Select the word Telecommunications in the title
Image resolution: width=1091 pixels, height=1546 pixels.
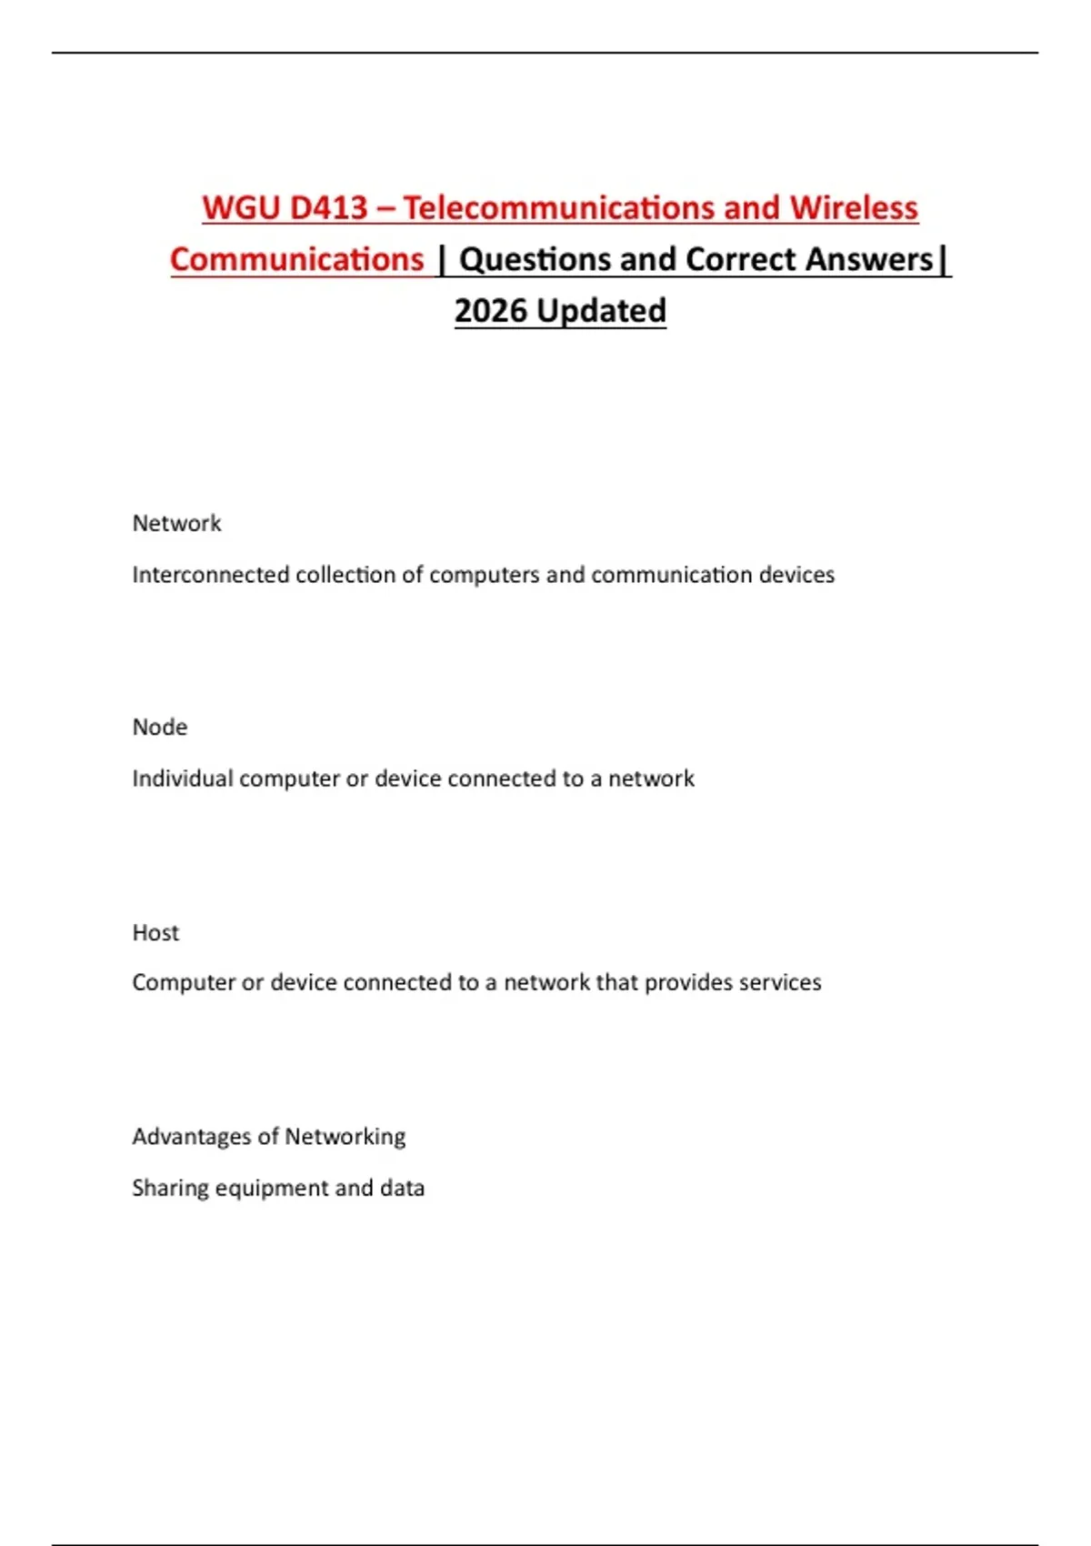558,208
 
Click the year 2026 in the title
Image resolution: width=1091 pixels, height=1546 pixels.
490,311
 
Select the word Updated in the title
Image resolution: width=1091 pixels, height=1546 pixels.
601,311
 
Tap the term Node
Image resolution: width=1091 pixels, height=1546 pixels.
160,728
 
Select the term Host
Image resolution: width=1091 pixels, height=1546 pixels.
155,933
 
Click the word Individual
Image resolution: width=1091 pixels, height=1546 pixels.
182,778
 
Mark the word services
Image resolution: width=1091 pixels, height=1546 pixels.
780,982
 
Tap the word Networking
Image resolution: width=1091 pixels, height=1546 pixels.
345,1137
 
